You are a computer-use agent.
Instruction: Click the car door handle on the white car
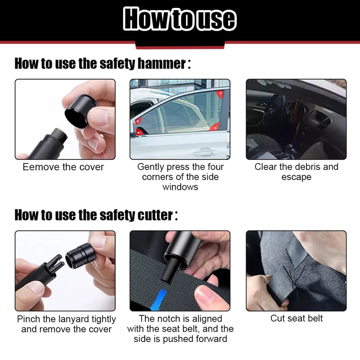click(x=205, y=152)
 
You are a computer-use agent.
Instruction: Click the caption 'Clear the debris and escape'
click(x=296, y=172)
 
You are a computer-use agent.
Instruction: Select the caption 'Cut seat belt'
click(x=296, y=318)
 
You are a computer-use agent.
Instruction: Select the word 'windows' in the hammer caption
click(x=180, y=187)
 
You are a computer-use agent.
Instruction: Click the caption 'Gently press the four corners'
click(x=180, y=172)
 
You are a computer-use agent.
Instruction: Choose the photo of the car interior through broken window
click(x=296, y=119)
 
